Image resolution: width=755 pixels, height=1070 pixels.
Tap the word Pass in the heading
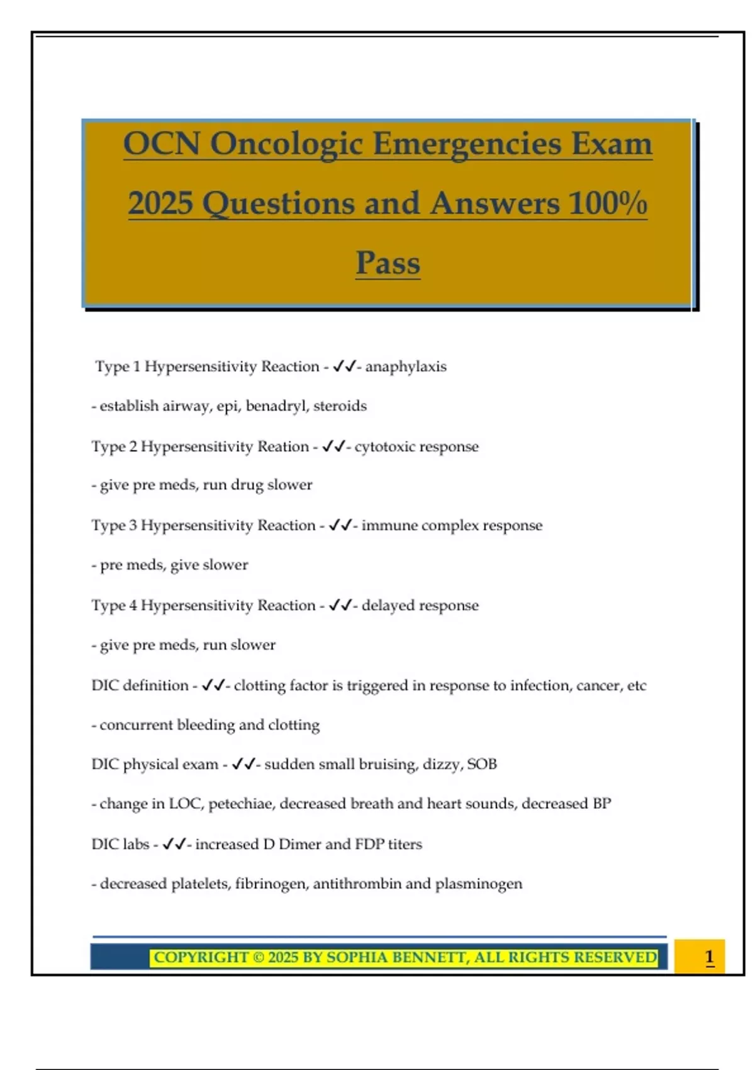click(x=388, y=263)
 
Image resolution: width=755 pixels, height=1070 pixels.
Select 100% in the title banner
click(x=608, y=204)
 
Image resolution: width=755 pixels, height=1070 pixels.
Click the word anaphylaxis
click(x=406, y=367)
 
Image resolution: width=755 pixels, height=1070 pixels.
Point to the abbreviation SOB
click(x=482, y=764)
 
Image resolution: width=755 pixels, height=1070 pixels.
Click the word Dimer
click(x=299, y=844)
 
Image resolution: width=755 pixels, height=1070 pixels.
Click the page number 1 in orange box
click(x=709, y=957)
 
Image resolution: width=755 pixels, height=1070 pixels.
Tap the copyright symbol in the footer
click(x=258, y=958)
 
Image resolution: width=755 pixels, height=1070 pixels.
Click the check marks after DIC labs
click(x=174, y=844)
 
